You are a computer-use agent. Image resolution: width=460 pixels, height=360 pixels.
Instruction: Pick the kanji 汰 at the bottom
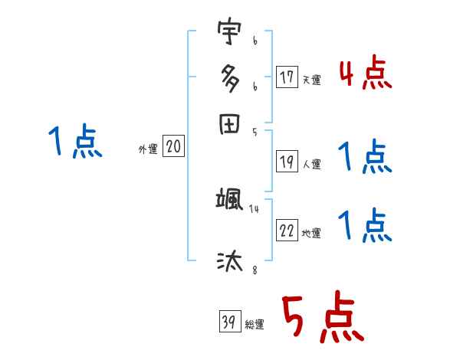(x=228, y=261)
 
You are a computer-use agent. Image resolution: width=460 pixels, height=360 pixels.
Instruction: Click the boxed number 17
(x=287, y=77)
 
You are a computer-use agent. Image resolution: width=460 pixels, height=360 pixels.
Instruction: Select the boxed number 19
(x=287, y=162)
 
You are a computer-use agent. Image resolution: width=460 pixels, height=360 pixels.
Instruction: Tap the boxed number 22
(x=287, y=231)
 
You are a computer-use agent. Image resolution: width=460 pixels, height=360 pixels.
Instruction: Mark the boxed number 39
(x=229, y=321)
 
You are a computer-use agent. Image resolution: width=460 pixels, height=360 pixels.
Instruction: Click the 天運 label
(x=311, y=80)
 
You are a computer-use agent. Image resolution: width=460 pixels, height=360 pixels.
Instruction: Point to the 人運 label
(x=311, y=164)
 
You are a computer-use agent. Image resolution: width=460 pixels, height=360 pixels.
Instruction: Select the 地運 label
(x=311, y=233)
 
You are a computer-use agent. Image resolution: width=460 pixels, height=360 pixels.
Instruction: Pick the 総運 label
(x=254, y=324)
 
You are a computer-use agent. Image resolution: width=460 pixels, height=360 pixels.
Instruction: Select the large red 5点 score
(x=320, y=319)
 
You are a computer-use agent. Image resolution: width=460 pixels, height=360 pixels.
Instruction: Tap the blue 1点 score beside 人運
(x=365, y=158)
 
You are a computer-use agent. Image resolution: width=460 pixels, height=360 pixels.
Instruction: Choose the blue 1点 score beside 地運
(x=365, y=226)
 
